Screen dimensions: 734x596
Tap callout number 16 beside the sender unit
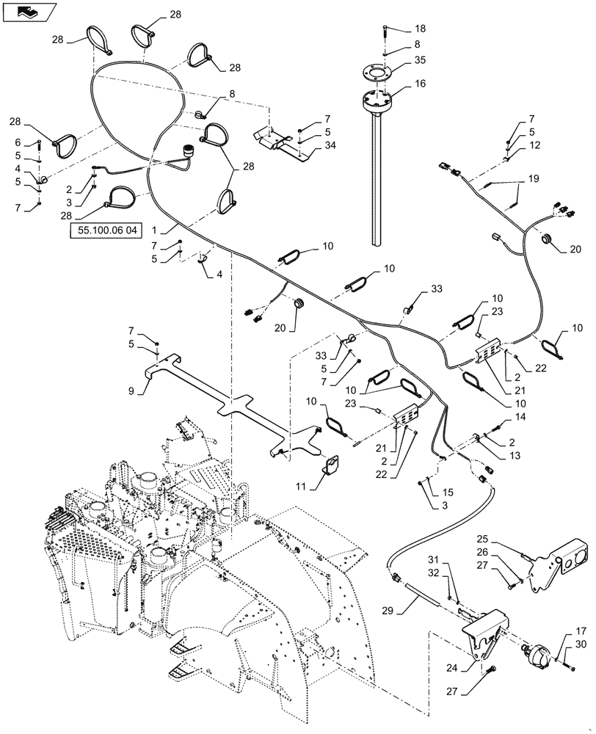tap(420, 85)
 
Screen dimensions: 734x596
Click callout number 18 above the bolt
tap(420, 29)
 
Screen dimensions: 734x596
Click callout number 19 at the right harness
tap(533, 178)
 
